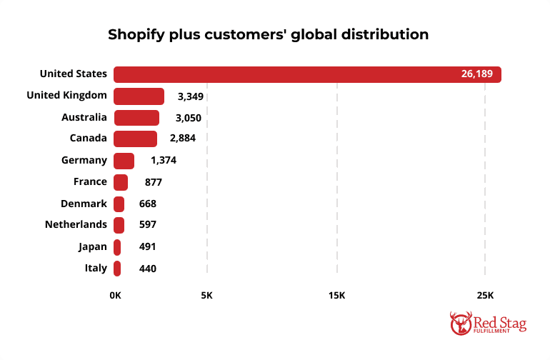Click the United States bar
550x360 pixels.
(x=307, y=74)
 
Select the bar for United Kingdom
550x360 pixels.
(x=139, y=96)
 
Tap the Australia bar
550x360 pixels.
(x=136, y=117)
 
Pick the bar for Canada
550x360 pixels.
(x=135, y=139)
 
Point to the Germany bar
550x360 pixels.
(x=124, y=161)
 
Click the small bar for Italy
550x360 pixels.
(x=117, y=269)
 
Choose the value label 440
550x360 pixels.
(x=148, y=269)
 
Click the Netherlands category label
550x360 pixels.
(x=76, y=224)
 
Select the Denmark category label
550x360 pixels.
(x=84, y=203)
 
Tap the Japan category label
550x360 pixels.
(x=93, y=246)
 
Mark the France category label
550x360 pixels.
(x=90, y=181)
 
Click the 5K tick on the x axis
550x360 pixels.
(x=207, y=295)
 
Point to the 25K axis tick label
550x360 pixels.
(x=484, y=295)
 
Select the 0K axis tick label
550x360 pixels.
(x=115, y=295)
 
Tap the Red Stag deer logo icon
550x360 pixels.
(x=461, y=323)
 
